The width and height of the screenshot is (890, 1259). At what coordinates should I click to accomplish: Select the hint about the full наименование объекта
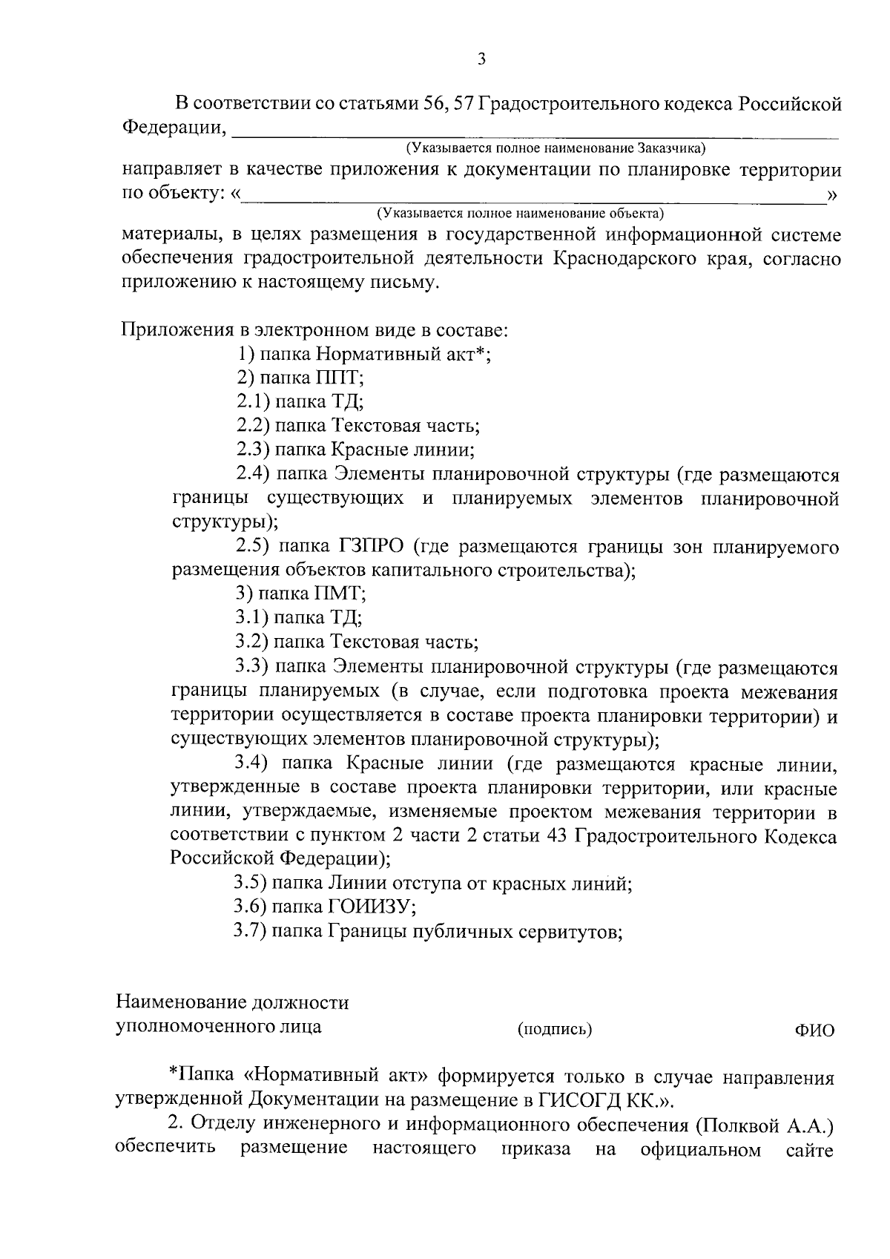[519, 214]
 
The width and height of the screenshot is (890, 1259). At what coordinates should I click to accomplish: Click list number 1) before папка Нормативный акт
[245, 354]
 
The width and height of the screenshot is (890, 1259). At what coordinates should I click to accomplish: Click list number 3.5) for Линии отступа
[250, 884]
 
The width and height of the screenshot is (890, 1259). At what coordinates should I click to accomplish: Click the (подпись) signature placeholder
[554, 1029]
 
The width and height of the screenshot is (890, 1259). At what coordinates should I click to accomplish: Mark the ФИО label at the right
[814, 1030]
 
